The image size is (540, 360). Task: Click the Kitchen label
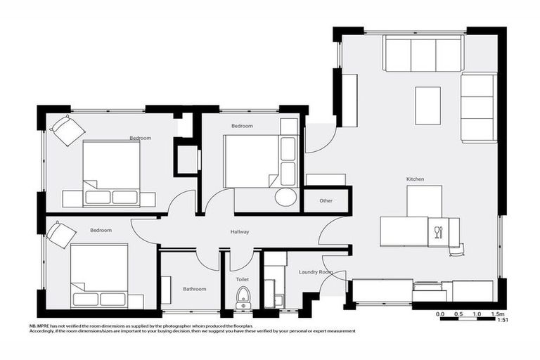click(x=415, y=180)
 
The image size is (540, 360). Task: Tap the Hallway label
click(x=240, y=232)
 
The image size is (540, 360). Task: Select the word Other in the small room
click(x=326, y=201)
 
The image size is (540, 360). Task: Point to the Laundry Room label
click(x=316, y=272)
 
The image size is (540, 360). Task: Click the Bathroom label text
click(x=195, y=289)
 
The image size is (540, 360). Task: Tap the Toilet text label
click(x=242, y=280)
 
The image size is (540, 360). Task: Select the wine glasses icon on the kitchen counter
click(x=439, y=233)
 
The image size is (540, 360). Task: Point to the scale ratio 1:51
click(x=503, y=321)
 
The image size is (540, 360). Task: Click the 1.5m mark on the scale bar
click(x=498, y=314)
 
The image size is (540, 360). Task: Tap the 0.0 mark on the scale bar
click(x=440, y=314)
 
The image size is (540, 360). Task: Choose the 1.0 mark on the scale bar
click(x=478, y=314)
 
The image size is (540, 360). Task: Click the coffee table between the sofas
click(x=427, y=105)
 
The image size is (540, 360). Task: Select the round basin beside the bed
click(x=285, y=197)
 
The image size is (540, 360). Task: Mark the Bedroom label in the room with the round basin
click(x=242, y=126)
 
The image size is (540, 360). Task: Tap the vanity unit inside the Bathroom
click(x=166, y=290)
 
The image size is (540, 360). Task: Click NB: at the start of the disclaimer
click(x=32, y=326)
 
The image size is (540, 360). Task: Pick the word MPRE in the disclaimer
click(x=44, y=326)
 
